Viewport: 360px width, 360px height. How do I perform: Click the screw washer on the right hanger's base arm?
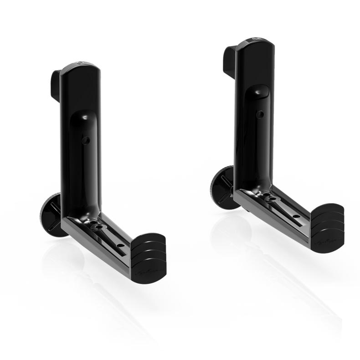[267, 196]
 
